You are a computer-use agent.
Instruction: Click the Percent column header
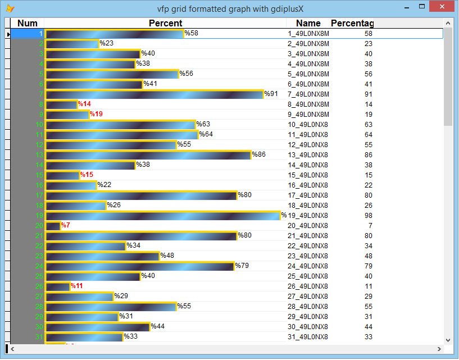[x=165, y=23]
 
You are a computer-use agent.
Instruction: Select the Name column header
[x=308, y=23]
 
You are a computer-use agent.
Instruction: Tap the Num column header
[x=28, y=23]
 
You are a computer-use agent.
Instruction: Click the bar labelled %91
[x=154, y=94]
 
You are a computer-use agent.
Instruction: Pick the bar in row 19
[x=162, y=216]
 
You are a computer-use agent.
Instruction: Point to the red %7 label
[x=65, y=225]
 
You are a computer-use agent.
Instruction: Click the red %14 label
[x=84, y=104]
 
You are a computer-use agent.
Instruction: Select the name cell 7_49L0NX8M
[x=308, y=94]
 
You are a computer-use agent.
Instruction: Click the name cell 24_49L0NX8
[x=308, y=266]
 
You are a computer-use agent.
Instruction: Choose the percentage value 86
[x=368, y=155]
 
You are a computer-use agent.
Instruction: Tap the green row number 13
[x=39, y=155]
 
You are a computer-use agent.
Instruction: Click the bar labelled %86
[x=148, y=155]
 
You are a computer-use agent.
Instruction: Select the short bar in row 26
[x=57, y=286]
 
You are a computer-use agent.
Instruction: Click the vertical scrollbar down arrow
[x=448, y=340]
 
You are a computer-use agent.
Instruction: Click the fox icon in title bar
[x=10, y=8]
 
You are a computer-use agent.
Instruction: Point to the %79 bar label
[x=242, y=266]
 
